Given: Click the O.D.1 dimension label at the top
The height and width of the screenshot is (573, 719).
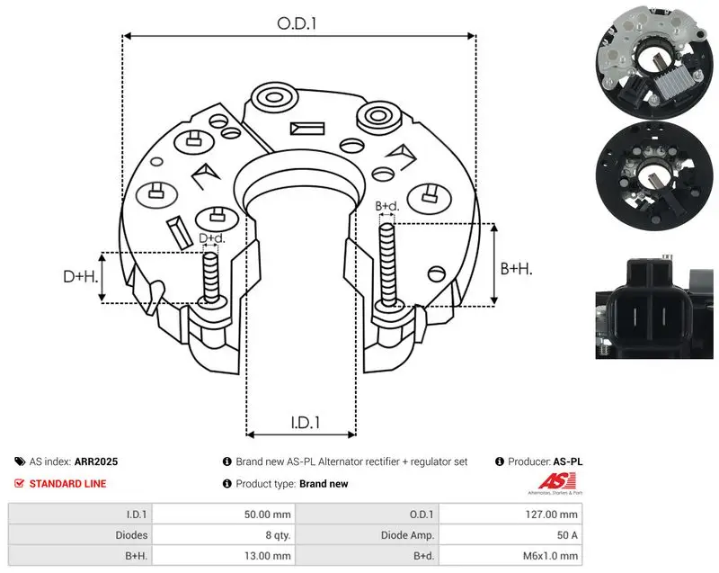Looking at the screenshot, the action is (297, 23).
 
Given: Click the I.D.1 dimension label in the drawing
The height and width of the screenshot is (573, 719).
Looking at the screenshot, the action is (305, 422).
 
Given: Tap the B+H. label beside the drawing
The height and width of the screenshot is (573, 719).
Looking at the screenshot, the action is (516, 268).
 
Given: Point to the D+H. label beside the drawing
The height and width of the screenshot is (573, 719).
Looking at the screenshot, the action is (81, 276).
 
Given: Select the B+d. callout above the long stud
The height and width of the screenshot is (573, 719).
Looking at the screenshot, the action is (387, 206).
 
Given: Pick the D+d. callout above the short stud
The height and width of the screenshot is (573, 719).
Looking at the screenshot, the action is (212, 238).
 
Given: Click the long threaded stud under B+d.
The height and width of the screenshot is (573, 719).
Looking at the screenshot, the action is (388, 264).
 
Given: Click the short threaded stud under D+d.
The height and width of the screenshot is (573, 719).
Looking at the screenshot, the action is (211, 278).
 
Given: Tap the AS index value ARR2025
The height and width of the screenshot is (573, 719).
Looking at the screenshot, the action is (96, 461).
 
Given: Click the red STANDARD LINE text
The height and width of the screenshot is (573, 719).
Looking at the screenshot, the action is (67, 484).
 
